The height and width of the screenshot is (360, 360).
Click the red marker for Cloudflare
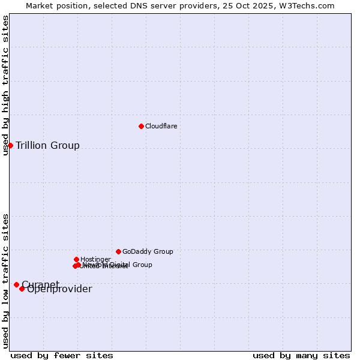(x=141, y=126)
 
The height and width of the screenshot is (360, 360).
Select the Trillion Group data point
(x=10, y=145)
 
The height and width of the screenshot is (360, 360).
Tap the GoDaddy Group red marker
(x=118, y=251)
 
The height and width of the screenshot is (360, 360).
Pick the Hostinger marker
(x=76, y=259)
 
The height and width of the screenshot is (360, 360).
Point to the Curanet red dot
(x=16, y=284)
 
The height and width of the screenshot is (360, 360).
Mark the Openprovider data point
(x=22, y=289)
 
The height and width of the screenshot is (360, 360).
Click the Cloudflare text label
(x=161, y=126)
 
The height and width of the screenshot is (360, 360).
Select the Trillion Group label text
(x=47, y=145)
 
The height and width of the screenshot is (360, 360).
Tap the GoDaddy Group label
(x=148, y=251)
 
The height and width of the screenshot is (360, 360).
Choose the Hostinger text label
(x=95, y=259)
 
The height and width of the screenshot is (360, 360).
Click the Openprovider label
(x=59, y=289)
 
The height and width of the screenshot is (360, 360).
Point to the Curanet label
(x=40, y=284)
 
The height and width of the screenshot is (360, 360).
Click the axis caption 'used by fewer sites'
(x=62, y=355)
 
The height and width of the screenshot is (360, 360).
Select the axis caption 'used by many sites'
(x=301, y=355)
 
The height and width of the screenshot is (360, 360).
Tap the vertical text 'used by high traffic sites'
(x=5, y=85)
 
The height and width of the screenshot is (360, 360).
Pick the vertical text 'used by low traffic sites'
(x=5, y=280)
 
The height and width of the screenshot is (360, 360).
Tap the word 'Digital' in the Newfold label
(x=121, y=265)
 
